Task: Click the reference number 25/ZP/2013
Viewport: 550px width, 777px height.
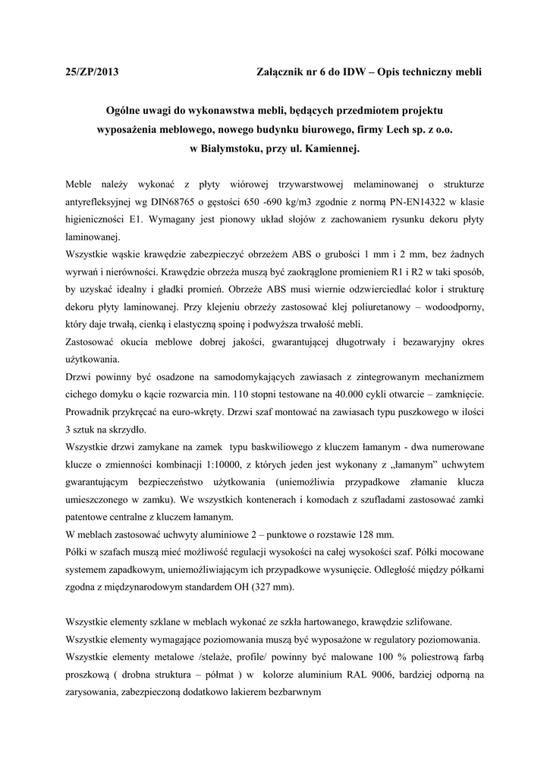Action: pyautogui.click(x=93, y=72)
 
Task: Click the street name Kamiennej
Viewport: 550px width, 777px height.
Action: pyautogui.click(x=328, y=149)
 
